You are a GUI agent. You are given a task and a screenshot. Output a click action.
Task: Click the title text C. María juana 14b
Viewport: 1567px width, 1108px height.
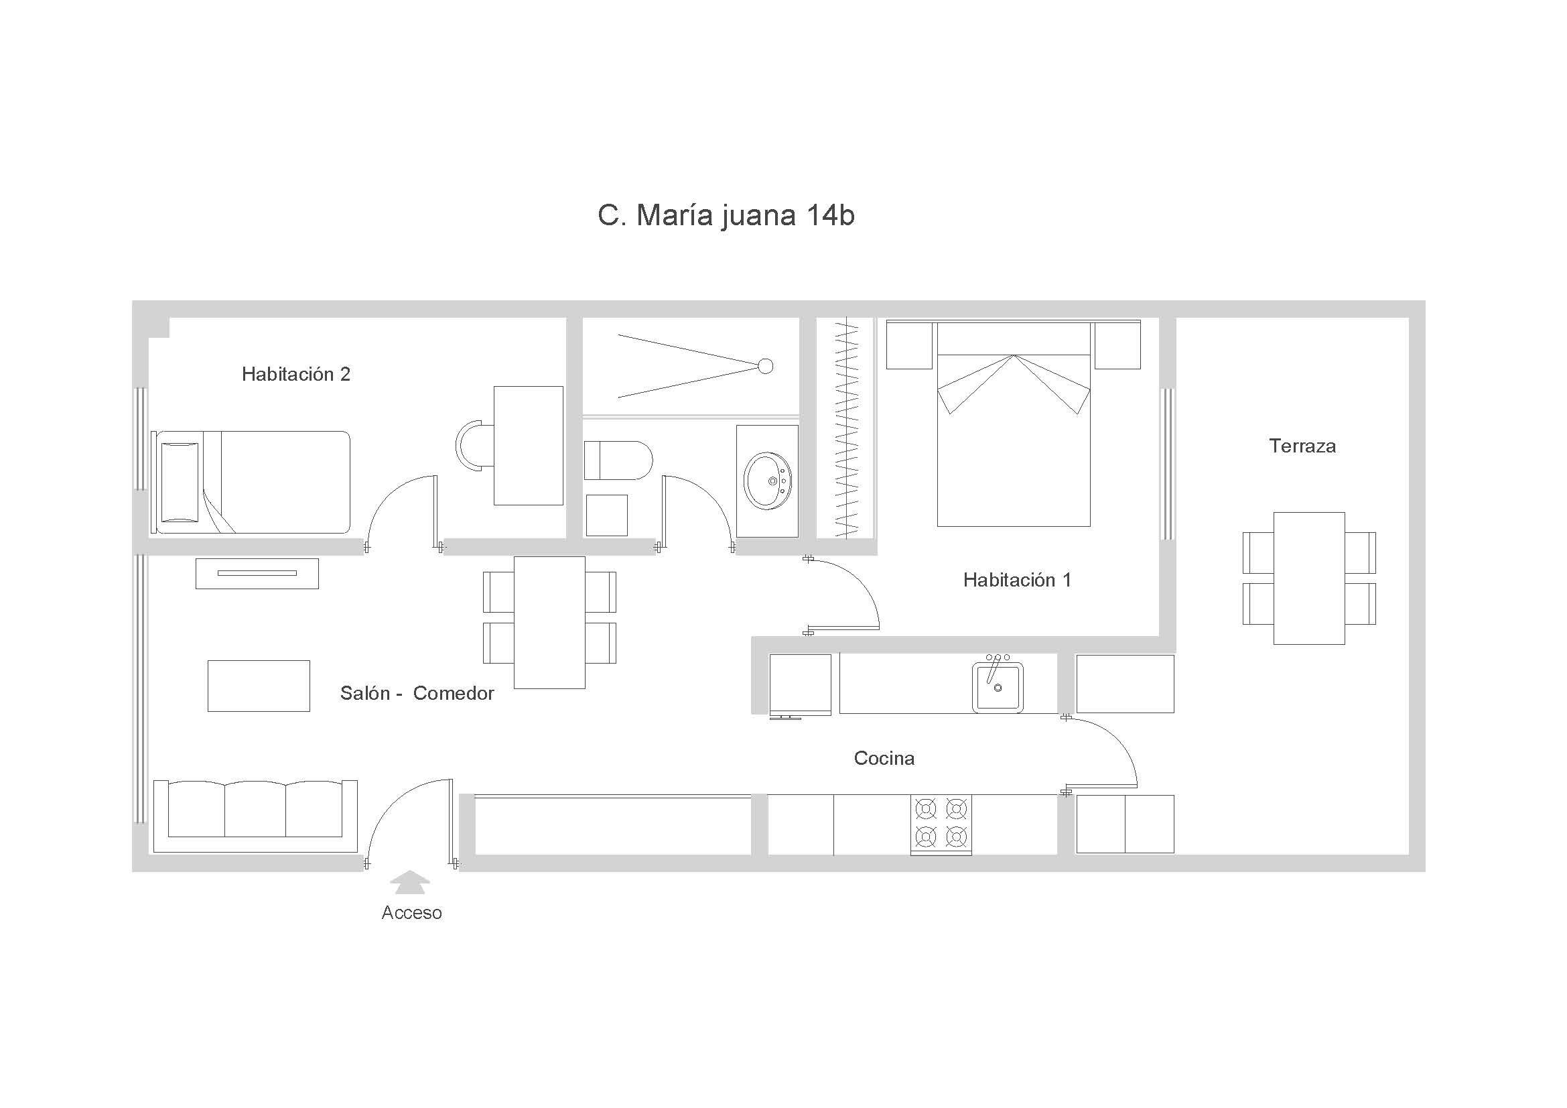[x=726, y=216]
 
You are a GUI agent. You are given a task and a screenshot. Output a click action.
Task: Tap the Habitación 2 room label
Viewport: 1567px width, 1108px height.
[x=295, y=374]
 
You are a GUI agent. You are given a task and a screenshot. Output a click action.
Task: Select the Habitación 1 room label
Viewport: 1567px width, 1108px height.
[x=1017, y=580]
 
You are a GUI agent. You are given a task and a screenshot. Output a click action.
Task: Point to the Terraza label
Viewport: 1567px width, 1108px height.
[x=1302, y=446]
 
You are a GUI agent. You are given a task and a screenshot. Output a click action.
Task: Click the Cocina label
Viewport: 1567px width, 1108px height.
[x=884, y=759]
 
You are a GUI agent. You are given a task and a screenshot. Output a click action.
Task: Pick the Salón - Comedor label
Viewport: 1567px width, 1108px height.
[x=417, y=694]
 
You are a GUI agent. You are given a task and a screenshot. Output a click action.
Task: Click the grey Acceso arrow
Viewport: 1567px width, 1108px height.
[x=410, y=882]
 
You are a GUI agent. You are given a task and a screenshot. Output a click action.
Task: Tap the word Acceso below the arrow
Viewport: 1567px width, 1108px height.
[x=411, y=913]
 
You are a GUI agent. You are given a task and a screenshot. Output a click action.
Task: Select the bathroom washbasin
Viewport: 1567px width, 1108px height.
[x=768, y=481]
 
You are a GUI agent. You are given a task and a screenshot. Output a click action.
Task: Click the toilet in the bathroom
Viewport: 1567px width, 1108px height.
[x=618, y=460]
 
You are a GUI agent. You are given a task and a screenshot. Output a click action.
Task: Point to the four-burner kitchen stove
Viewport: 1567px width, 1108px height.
[x=941, y=824]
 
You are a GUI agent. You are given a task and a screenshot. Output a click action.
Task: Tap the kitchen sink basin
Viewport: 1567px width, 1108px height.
[x=998, y=687]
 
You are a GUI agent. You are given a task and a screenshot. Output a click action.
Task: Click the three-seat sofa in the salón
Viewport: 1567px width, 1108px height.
[x=255, y=816]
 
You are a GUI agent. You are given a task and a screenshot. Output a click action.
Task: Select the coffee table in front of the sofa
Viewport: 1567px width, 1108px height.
[x=259, y=686]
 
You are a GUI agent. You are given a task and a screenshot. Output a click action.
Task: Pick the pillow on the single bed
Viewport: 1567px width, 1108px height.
[x=180, y=482]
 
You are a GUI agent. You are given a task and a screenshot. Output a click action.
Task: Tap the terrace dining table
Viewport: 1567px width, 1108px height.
[x=1309, y=578]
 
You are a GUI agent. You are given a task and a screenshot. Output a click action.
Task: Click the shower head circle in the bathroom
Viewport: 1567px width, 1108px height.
[x=766, y=367]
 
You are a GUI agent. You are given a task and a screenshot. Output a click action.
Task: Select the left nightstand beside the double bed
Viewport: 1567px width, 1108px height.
[x=909, y=345]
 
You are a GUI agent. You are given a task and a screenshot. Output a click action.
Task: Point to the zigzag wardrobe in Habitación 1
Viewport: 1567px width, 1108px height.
[x=846, y=429]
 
